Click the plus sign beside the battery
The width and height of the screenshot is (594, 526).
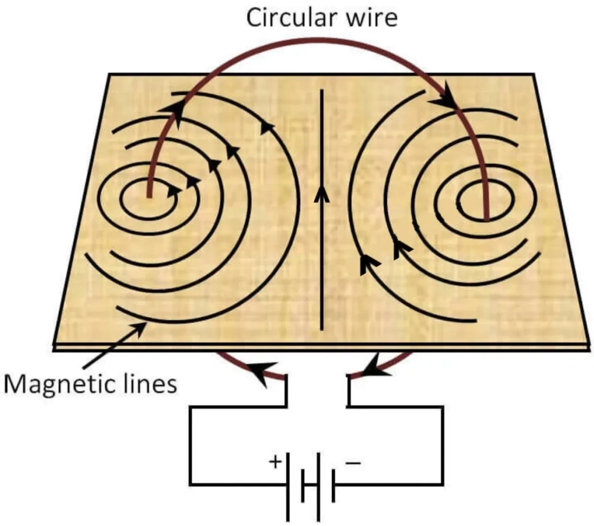pos(276,462)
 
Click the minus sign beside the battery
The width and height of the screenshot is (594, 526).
pos(353,462)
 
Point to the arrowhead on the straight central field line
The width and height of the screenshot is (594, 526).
pos(321,193)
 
